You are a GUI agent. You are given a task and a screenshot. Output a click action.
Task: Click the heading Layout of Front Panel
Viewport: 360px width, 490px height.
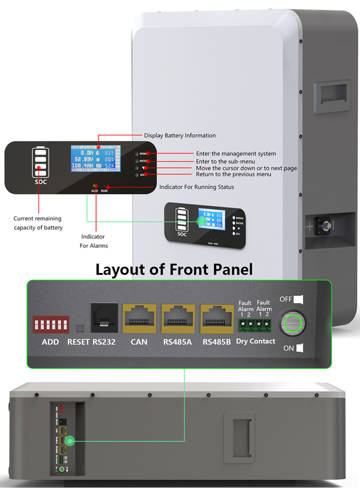[x=174, y=269]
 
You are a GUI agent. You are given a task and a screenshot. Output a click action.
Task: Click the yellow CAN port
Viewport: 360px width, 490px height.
[x=139, y=318]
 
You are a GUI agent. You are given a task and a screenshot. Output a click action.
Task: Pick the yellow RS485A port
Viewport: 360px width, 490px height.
[x=177, y=318]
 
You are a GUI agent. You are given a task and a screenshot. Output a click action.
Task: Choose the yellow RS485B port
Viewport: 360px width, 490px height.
[x=216, y=318]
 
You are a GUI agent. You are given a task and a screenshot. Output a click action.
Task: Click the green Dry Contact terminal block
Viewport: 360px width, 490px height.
[x=255, y=324]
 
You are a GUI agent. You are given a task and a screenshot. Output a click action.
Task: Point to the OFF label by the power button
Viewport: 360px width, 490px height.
[x=287, y=299]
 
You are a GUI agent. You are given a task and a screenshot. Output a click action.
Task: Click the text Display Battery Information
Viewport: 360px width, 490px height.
[x=180, y=135]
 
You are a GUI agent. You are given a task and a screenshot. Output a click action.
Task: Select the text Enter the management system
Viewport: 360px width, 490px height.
[x=236, y=154]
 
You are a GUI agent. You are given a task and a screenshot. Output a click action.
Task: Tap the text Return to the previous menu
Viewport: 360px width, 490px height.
[x=234, y=174]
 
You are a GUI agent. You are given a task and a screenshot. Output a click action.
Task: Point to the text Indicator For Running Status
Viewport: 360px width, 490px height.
[x=197, y=187]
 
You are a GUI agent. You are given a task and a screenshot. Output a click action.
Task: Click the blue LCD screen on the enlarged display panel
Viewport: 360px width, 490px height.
[x=93, y=159]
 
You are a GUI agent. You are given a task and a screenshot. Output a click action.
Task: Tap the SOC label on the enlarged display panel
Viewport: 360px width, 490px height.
[x=40, y=182]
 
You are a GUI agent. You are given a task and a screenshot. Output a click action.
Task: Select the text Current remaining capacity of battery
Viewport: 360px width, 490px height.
[x=38, y=223]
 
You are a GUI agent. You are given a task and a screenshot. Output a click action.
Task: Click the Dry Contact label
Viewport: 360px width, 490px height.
[x=256, y=341]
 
